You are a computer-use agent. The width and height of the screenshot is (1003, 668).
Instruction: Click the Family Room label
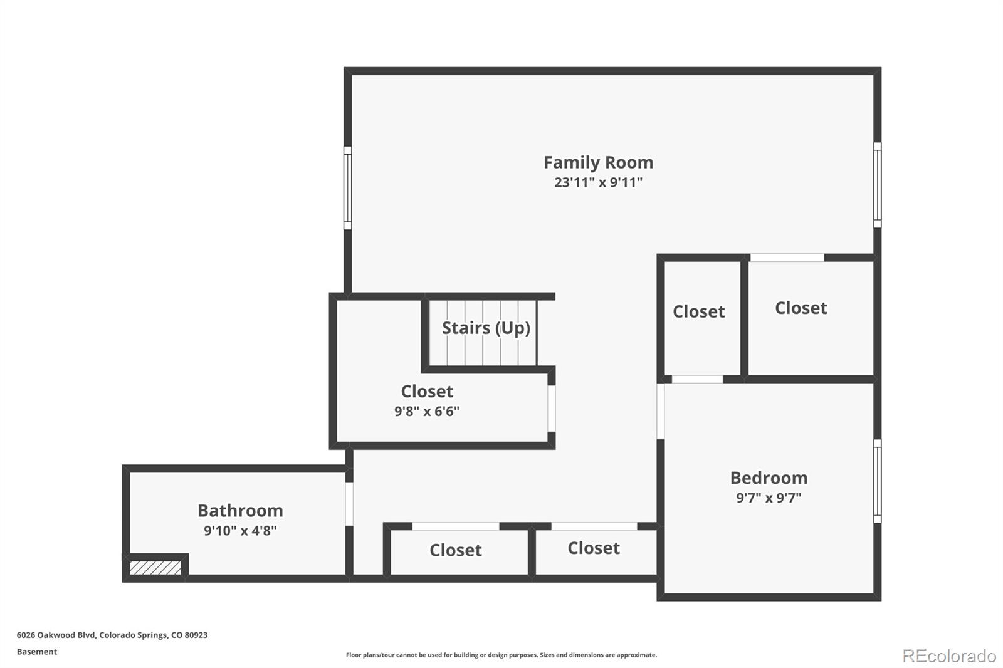598,162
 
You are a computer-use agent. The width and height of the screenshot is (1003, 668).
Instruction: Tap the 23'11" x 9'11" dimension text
598,182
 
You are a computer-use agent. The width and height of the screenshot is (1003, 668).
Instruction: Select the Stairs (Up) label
486,328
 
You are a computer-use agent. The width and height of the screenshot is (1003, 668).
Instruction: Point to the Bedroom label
769,478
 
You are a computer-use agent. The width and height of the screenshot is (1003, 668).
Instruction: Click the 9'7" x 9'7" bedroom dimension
769,498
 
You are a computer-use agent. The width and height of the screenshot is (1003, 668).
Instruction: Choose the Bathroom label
241,511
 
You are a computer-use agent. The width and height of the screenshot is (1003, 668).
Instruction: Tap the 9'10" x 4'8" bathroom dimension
241,531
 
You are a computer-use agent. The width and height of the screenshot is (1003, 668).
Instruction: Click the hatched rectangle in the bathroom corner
155,568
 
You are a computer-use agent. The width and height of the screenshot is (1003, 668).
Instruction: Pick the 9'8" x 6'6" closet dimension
427,411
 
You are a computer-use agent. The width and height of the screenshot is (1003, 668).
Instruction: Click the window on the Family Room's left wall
347,188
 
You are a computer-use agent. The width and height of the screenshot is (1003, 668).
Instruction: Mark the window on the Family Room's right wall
878,185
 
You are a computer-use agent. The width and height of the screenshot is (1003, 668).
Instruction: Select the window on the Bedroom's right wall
878,481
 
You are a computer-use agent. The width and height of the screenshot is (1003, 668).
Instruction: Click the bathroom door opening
349,504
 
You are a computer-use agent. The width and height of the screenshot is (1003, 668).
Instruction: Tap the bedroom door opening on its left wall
661,411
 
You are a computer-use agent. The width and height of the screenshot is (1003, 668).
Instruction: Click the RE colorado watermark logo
949,656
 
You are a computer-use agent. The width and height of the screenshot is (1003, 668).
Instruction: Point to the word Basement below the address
37,652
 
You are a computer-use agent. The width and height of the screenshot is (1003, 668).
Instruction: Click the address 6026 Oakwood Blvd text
56,635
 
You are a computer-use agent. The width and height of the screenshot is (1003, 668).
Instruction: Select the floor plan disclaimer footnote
501,655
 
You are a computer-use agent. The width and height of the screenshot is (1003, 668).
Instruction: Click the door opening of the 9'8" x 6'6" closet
552,409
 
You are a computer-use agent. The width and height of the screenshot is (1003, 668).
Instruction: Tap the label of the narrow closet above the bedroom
698,311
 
